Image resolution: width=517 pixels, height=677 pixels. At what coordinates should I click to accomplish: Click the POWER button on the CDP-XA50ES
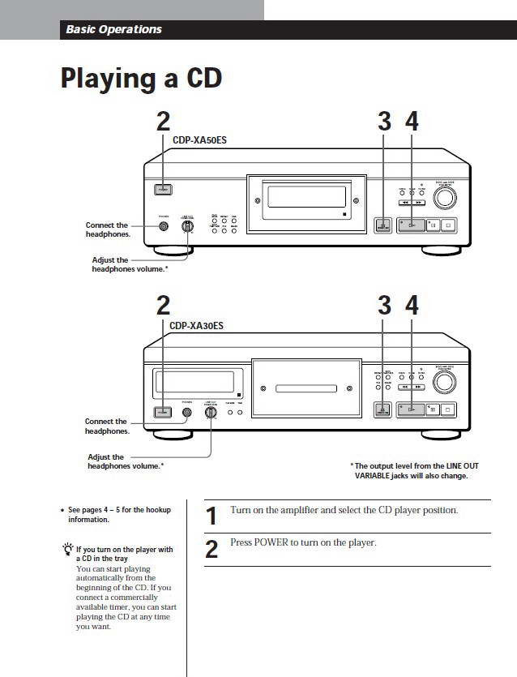pos(164,191)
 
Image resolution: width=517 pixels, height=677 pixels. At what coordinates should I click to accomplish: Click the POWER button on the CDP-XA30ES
pos(164,412)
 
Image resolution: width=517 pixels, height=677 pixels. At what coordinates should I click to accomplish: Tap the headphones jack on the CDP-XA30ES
pos(187,412)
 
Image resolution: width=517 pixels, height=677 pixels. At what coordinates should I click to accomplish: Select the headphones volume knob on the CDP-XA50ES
pos(188,227)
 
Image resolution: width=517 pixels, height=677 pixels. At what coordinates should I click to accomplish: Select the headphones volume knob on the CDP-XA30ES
pos(211,412)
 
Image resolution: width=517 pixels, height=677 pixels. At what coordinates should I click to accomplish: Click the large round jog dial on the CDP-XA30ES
pos(446,381)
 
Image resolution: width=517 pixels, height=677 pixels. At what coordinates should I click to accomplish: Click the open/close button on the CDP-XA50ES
pos(382,226)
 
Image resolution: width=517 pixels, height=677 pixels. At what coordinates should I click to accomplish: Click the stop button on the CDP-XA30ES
pos(447,411)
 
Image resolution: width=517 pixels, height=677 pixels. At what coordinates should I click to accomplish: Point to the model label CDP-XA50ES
pos(199,139)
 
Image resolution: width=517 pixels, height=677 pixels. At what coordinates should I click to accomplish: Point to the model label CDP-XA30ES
pos(196,326)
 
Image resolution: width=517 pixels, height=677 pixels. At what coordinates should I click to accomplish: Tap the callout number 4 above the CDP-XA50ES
pos(412,121)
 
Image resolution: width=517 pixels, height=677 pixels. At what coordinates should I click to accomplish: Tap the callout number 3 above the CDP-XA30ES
pos(384,306)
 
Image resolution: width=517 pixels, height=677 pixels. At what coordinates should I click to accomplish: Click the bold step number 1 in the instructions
pos(211,516)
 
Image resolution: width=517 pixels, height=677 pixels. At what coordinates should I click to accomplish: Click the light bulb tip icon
pos(67,550)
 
